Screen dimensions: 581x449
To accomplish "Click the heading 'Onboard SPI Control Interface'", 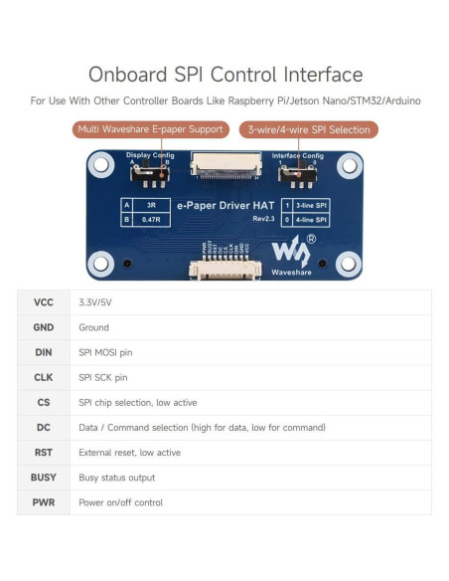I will [x=224, y=75].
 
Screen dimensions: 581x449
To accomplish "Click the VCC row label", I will [x=44, y=302].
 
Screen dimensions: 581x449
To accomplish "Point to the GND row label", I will [x=44, y=327].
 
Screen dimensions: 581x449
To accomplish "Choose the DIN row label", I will [x=44, y=352].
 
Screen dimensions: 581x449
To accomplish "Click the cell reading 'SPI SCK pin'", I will [x=103, y=377].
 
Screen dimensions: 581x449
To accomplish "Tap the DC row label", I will [x=44, y=427].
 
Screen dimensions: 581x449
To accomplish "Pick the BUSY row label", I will [x=44, y=478].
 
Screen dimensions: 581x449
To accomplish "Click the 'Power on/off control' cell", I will [x=120, y=502].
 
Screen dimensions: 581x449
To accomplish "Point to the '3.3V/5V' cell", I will [x=93, y=302].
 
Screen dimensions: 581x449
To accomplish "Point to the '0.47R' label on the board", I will [x=151, y=218].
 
